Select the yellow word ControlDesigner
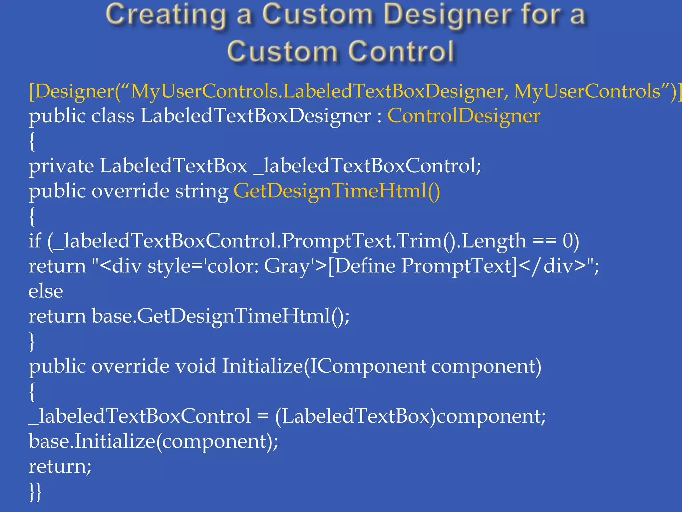[x=464, y=116]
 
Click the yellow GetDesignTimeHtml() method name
[x=337, y=191]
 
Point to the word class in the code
[x=113, y=116]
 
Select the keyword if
[x=35, y=241]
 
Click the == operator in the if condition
[x=544, y=241]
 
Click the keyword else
[x=46, y=291]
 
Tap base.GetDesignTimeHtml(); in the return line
[x=220, y=316]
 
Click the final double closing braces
[x=35, y=491]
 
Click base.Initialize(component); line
[x=154, y=441]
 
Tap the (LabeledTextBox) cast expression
[x=355, y=416]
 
